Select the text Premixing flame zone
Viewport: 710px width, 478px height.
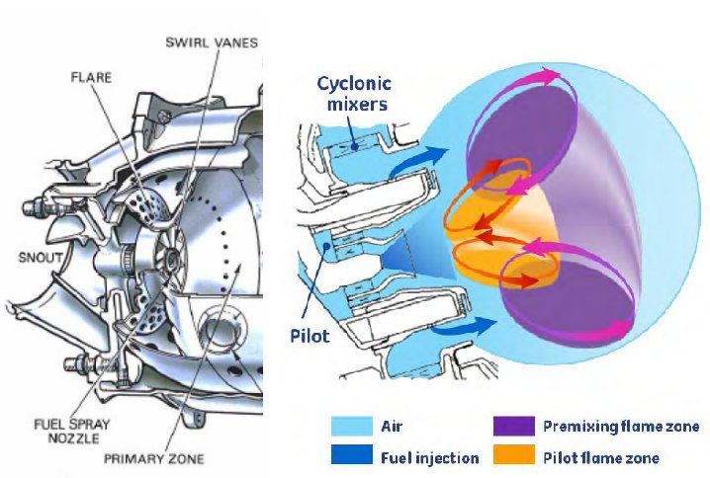621,428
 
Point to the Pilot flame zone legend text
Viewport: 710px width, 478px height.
600,458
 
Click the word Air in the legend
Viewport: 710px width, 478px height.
392,428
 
